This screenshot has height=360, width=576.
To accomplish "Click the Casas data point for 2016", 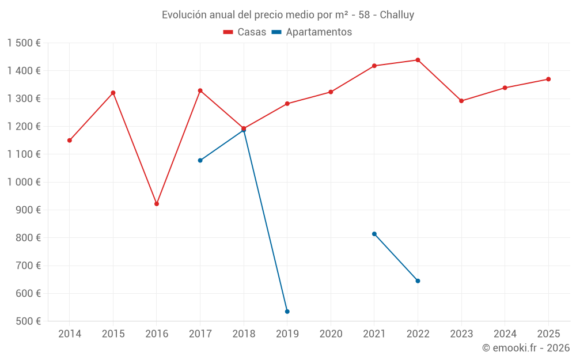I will click(x=157, y=204).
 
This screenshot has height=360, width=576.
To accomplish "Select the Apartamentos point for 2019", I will click(x=287, y=312).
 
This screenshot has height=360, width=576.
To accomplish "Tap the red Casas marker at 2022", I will click(x=418, y=60).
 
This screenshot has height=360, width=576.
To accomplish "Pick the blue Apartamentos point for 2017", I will click(x=200, y=160).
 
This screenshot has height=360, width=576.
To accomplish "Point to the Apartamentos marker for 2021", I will click(x=374, y=234).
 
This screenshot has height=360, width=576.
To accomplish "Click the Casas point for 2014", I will click(x=70, y=141).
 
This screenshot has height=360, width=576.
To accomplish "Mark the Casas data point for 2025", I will click(x=548, y=79).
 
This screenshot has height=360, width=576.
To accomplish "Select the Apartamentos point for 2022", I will click(x=418, y=281).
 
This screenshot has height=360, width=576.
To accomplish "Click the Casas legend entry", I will click(x=245, y=32).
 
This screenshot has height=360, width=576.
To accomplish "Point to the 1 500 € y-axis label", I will click(x=24, y=43).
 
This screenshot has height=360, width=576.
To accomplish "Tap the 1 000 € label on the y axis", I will click(x=24, y=182).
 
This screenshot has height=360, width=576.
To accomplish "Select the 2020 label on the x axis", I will click(x=331, y=334).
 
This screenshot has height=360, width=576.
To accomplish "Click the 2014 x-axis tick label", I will click(x=70, y=334).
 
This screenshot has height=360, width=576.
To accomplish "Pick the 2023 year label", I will click(x=461, y=334).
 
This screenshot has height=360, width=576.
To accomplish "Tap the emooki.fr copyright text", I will click(x=525, y=348).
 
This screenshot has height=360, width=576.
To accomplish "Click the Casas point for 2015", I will click(x=113, y=93).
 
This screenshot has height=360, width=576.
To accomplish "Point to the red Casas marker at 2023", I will click(x=461, y=101).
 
